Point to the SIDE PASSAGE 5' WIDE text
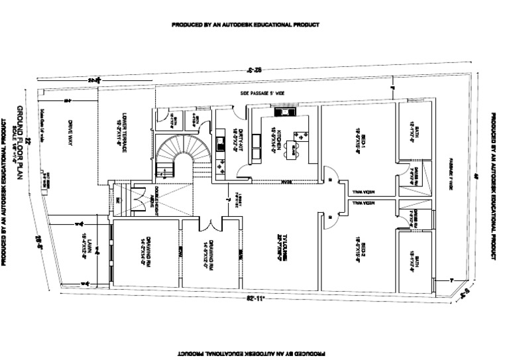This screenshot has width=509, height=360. click(x=262, y=94)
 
